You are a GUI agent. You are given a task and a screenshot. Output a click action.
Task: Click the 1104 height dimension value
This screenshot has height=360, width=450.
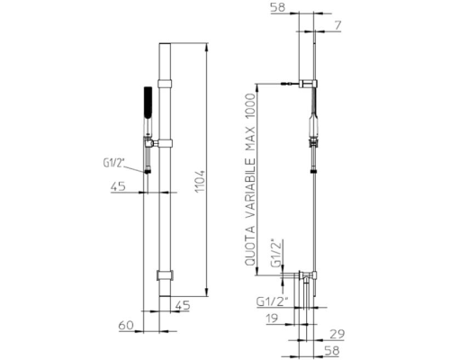coord(201,182)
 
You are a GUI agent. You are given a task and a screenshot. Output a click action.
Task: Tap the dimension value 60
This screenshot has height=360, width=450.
coord(126,326)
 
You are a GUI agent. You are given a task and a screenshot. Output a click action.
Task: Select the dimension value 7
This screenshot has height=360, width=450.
coord(338,25)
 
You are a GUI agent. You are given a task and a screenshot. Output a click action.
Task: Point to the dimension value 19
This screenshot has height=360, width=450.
coord(272,319)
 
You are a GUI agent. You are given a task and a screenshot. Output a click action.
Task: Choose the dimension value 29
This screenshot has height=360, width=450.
coord(337,334)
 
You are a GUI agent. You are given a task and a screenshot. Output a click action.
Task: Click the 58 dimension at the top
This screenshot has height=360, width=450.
coord(278,7)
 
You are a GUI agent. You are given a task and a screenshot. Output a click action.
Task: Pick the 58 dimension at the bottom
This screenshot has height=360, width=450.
coord(332,350)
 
